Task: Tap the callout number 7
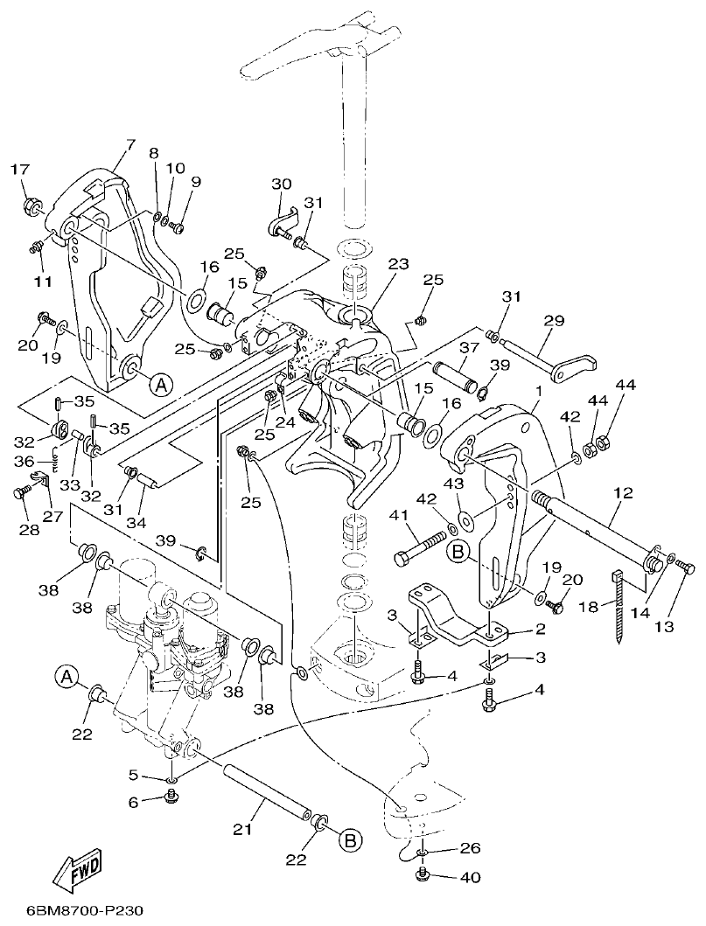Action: pyautogui.click(x=130, y=144)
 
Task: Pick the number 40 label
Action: pyautogui.click(x=470, y=877)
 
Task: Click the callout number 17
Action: pyautogui.click(x=19, y=171)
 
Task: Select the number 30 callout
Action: pyautogui.click(x=281, y=184)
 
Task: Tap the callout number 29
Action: pyautogui.click(x=553, y=322)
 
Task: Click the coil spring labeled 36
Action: pyautogui.click(x=54, y=457)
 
